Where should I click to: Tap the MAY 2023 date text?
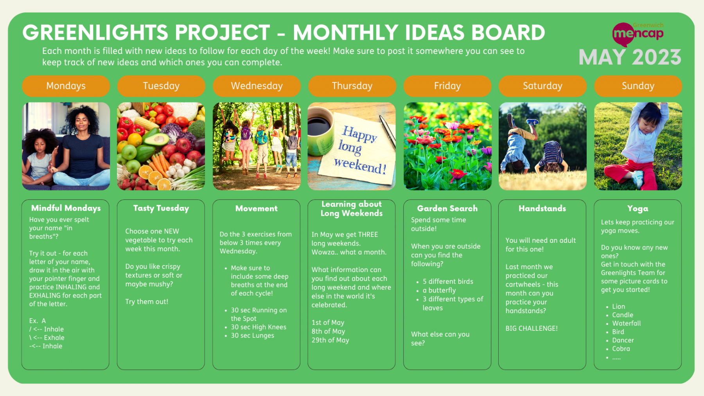tap(630, 57)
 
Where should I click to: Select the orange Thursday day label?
tap(352, 86)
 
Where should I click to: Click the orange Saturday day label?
tap(542, 86)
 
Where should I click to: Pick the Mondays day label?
tap(66, 86)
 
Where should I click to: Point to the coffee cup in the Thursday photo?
tap(320, 133)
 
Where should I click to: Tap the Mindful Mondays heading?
tap(66, 208)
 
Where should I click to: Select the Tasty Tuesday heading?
tap(161, 208)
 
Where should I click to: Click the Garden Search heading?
tap(447, 208)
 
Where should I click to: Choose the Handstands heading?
tap(542, 208)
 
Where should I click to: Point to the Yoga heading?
tap(638, 209)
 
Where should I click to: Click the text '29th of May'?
tap(330, 340)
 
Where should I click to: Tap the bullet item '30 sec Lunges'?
tap(253, 335)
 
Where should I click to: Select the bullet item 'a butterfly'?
tap(439, 290)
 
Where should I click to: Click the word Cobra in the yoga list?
tap(621, 349)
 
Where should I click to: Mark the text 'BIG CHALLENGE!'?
tap(532, 328)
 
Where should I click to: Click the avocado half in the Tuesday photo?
tap(158, 139)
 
